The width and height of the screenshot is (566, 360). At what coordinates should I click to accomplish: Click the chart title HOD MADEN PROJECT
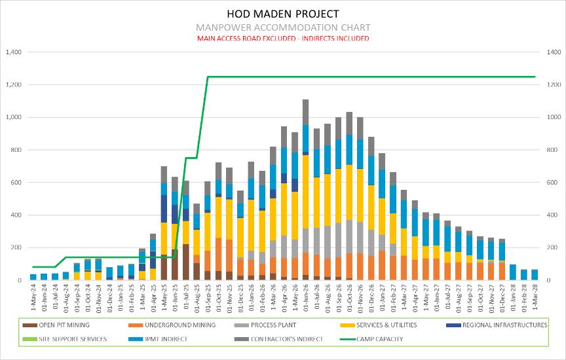tap(283, 13)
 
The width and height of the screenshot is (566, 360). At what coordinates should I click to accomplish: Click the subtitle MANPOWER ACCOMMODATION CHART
tap(283, 27)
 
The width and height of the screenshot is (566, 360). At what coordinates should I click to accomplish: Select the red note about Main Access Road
tap(283, 39)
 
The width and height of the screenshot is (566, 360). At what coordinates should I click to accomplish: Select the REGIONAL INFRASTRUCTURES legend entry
tap(504, 325)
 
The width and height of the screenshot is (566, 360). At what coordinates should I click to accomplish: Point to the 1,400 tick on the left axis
tap(12, 52)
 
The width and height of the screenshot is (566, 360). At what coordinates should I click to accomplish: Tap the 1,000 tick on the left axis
tap(12, 118)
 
